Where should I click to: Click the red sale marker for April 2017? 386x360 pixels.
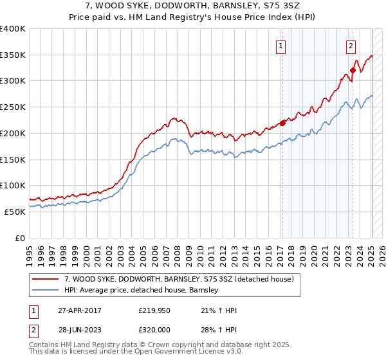282,123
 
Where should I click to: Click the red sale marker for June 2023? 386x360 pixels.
353,71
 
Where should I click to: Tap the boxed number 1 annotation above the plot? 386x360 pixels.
282,46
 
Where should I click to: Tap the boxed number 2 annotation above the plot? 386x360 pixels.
351,46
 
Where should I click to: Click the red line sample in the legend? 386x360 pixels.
46,279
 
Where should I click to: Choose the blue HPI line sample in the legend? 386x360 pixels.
46,290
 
